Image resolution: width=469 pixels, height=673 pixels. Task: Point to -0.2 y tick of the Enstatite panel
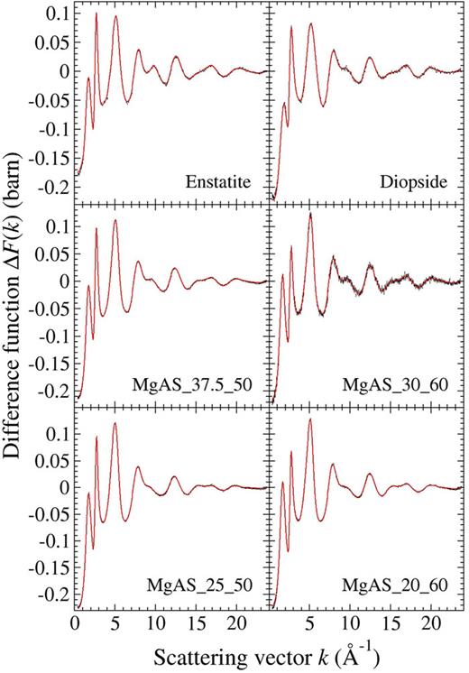pos(52,188)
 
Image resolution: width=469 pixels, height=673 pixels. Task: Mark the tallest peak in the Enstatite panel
pos(96,13)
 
